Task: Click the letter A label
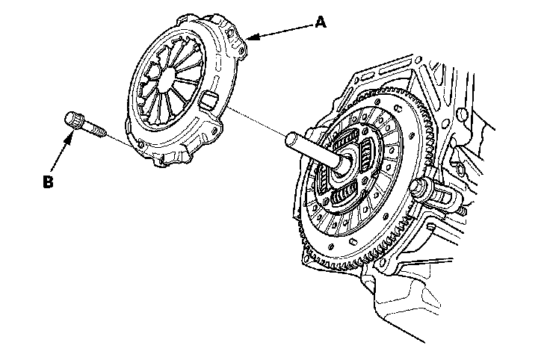tap(321, 22)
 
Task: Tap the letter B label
tap(49, 181)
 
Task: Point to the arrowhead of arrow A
tap(249, 37)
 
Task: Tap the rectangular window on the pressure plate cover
tap(208, 98)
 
